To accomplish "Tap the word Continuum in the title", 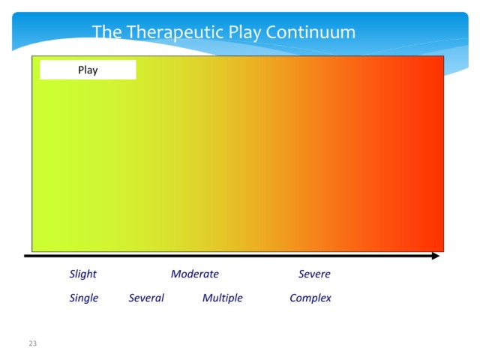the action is pos(310,32).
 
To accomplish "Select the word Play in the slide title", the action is pos(244,33).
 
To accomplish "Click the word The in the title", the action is pos(107,32).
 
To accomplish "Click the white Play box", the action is pos(88,70).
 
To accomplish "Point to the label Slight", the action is pos(83,274).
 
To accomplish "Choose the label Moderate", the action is pos(195,274).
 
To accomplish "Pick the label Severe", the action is pos(314,274).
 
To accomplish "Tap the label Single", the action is pos(84,298).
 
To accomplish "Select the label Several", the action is pos(146,298).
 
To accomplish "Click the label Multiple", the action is pos(223,298).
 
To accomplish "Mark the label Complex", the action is pos(310,298).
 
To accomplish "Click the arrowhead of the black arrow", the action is pos(436,256).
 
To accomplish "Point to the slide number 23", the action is pos(33,343).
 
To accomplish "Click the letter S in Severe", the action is pos(301,274).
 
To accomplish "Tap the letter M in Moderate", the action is pos(176,274).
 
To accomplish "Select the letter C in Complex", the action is pos(293,298).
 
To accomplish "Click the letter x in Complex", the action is pos(328,299).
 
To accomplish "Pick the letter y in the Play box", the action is pos(95,72).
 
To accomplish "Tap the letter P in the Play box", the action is pos(81,70).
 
